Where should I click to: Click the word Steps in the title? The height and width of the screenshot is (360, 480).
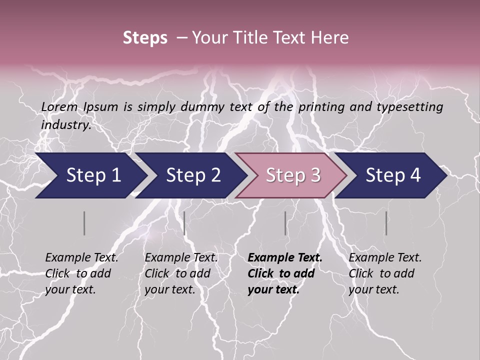point(145,38)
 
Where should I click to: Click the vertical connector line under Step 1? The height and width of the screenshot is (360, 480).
point(84,223)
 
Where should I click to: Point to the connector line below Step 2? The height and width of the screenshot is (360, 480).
point(184,223)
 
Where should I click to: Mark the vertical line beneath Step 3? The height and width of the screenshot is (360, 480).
point(285,223)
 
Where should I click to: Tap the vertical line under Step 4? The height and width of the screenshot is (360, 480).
point(386,223)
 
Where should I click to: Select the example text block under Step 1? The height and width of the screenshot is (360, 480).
point(81,273)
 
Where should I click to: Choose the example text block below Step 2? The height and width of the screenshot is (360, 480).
point(181,273)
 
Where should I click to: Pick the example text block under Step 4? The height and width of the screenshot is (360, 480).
point(385,273)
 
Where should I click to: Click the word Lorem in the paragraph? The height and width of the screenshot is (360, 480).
point(59,107)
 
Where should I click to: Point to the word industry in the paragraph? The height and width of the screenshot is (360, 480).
point(66,125)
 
